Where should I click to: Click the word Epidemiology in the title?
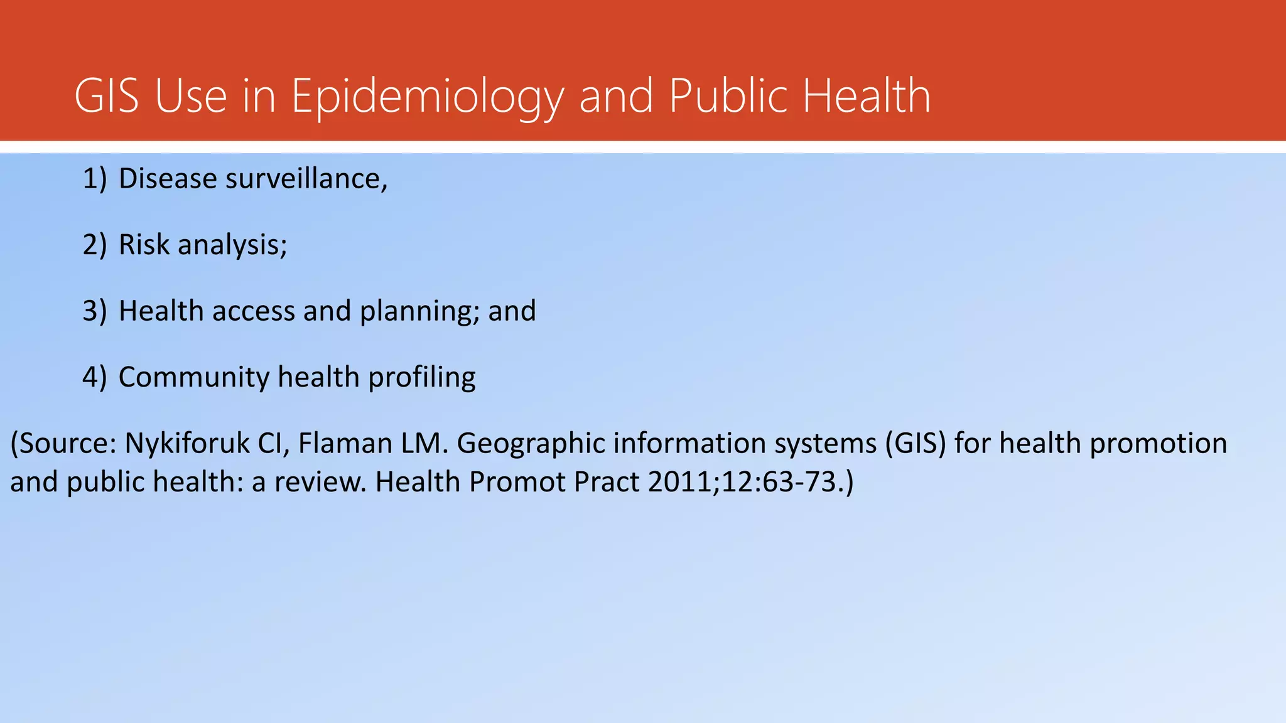(x=427, y=97)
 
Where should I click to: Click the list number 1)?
(x=95, y=179)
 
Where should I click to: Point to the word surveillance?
(x=306, y=179)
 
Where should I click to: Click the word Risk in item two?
(x=144, y=244)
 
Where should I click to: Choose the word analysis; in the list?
(x=232, y=245)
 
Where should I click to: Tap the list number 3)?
(x=95, y=311)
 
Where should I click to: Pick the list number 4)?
(x=95, y=377)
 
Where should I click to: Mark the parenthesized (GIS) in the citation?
(x=916, y=444)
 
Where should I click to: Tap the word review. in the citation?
(x=320, y=482)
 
